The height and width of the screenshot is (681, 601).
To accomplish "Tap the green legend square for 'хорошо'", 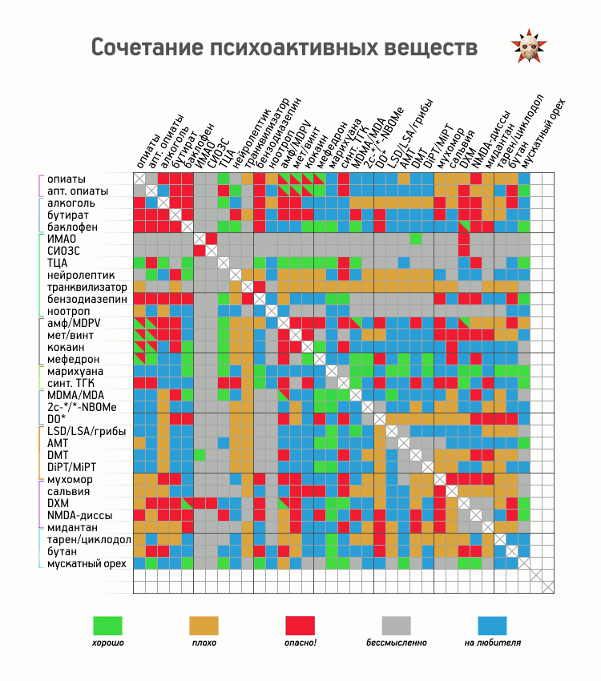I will (108, 626).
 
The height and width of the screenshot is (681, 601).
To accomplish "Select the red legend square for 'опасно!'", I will (300, 626).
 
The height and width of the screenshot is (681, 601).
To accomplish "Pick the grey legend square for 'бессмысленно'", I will (396, 626).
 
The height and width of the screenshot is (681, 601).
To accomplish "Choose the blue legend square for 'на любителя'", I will (492, 626).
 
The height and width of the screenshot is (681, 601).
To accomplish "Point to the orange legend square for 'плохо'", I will (204, 626).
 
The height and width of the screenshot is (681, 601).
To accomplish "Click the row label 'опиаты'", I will (66, 179).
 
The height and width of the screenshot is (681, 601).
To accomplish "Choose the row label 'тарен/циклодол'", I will (89, 540).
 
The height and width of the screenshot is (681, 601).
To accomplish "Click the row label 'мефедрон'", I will (73, 360).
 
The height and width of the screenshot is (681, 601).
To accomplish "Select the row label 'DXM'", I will (58, 503).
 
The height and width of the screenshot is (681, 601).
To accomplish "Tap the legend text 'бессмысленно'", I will (397, 643).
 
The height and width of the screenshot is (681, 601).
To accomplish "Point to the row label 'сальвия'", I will (68, 491).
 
